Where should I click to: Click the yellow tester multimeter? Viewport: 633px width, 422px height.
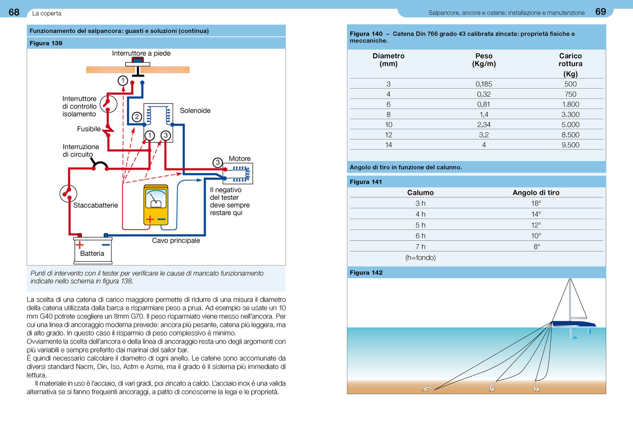156,205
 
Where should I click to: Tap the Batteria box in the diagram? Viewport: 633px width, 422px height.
92,250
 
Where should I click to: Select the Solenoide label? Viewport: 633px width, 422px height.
195,110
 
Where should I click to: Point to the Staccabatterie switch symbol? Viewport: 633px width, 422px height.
68,193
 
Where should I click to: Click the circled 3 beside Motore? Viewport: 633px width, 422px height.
218,162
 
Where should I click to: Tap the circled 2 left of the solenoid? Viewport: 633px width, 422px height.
137,117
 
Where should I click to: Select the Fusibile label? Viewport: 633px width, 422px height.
89,129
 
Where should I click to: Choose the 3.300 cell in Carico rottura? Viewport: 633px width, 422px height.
570,114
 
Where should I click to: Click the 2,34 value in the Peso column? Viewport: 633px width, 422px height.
484,124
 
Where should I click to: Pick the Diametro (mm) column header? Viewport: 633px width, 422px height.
388,60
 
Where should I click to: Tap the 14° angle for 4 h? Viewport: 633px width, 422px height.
536,214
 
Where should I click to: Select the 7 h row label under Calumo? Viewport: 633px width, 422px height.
420,247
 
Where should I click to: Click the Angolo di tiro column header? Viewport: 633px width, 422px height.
536,192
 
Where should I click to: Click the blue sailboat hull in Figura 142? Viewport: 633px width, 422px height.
573,324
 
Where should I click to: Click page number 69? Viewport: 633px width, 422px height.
600,12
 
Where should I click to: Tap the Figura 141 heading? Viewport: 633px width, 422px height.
366,182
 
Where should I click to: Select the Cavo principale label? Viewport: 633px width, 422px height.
176,241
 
